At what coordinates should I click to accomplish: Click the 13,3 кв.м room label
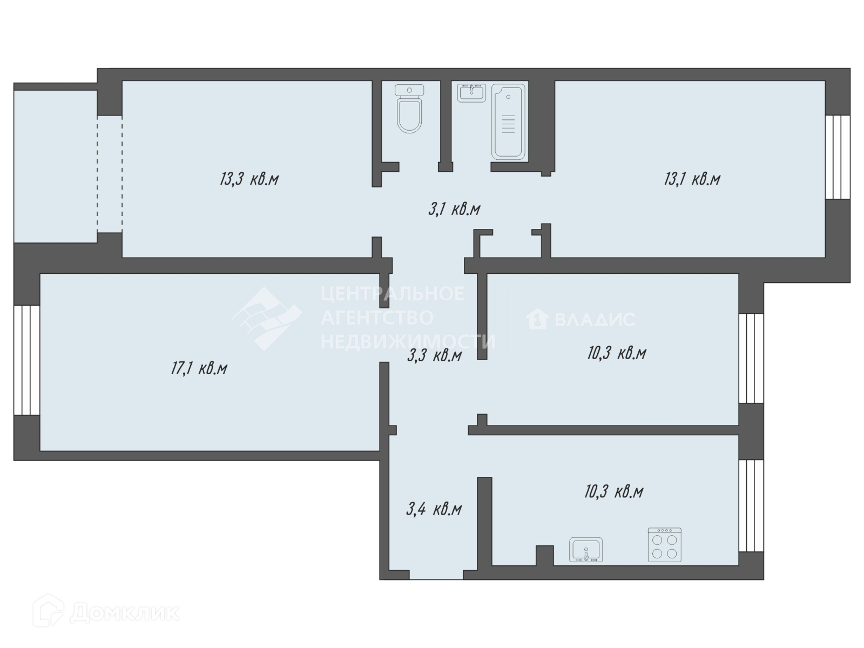249,179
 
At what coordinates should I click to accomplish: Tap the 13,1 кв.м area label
692,179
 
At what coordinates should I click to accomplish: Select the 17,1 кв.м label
199,369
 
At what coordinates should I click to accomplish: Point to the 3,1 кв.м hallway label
455,209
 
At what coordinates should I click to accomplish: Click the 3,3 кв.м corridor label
435,355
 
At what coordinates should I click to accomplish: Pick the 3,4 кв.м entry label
434,509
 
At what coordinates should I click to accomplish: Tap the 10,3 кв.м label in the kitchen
614,491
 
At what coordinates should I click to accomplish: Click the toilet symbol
409,108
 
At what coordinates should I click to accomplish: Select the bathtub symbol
509,122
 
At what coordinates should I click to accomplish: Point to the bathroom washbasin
471,93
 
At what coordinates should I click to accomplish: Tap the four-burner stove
664,544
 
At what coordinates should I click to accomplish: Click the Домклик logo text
124,613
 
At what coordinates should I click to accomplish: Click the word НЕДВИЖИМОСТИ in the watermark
408,341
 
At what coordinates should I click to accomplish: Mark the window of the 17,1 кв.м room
27,360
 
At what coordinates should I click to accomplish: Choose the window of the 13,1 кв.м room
838,157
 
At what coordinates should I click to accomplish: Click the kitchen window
751,505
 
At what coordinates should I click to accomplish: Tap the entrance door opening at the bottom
436,574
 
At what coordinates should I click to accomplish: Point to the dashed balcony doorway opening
110,174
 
